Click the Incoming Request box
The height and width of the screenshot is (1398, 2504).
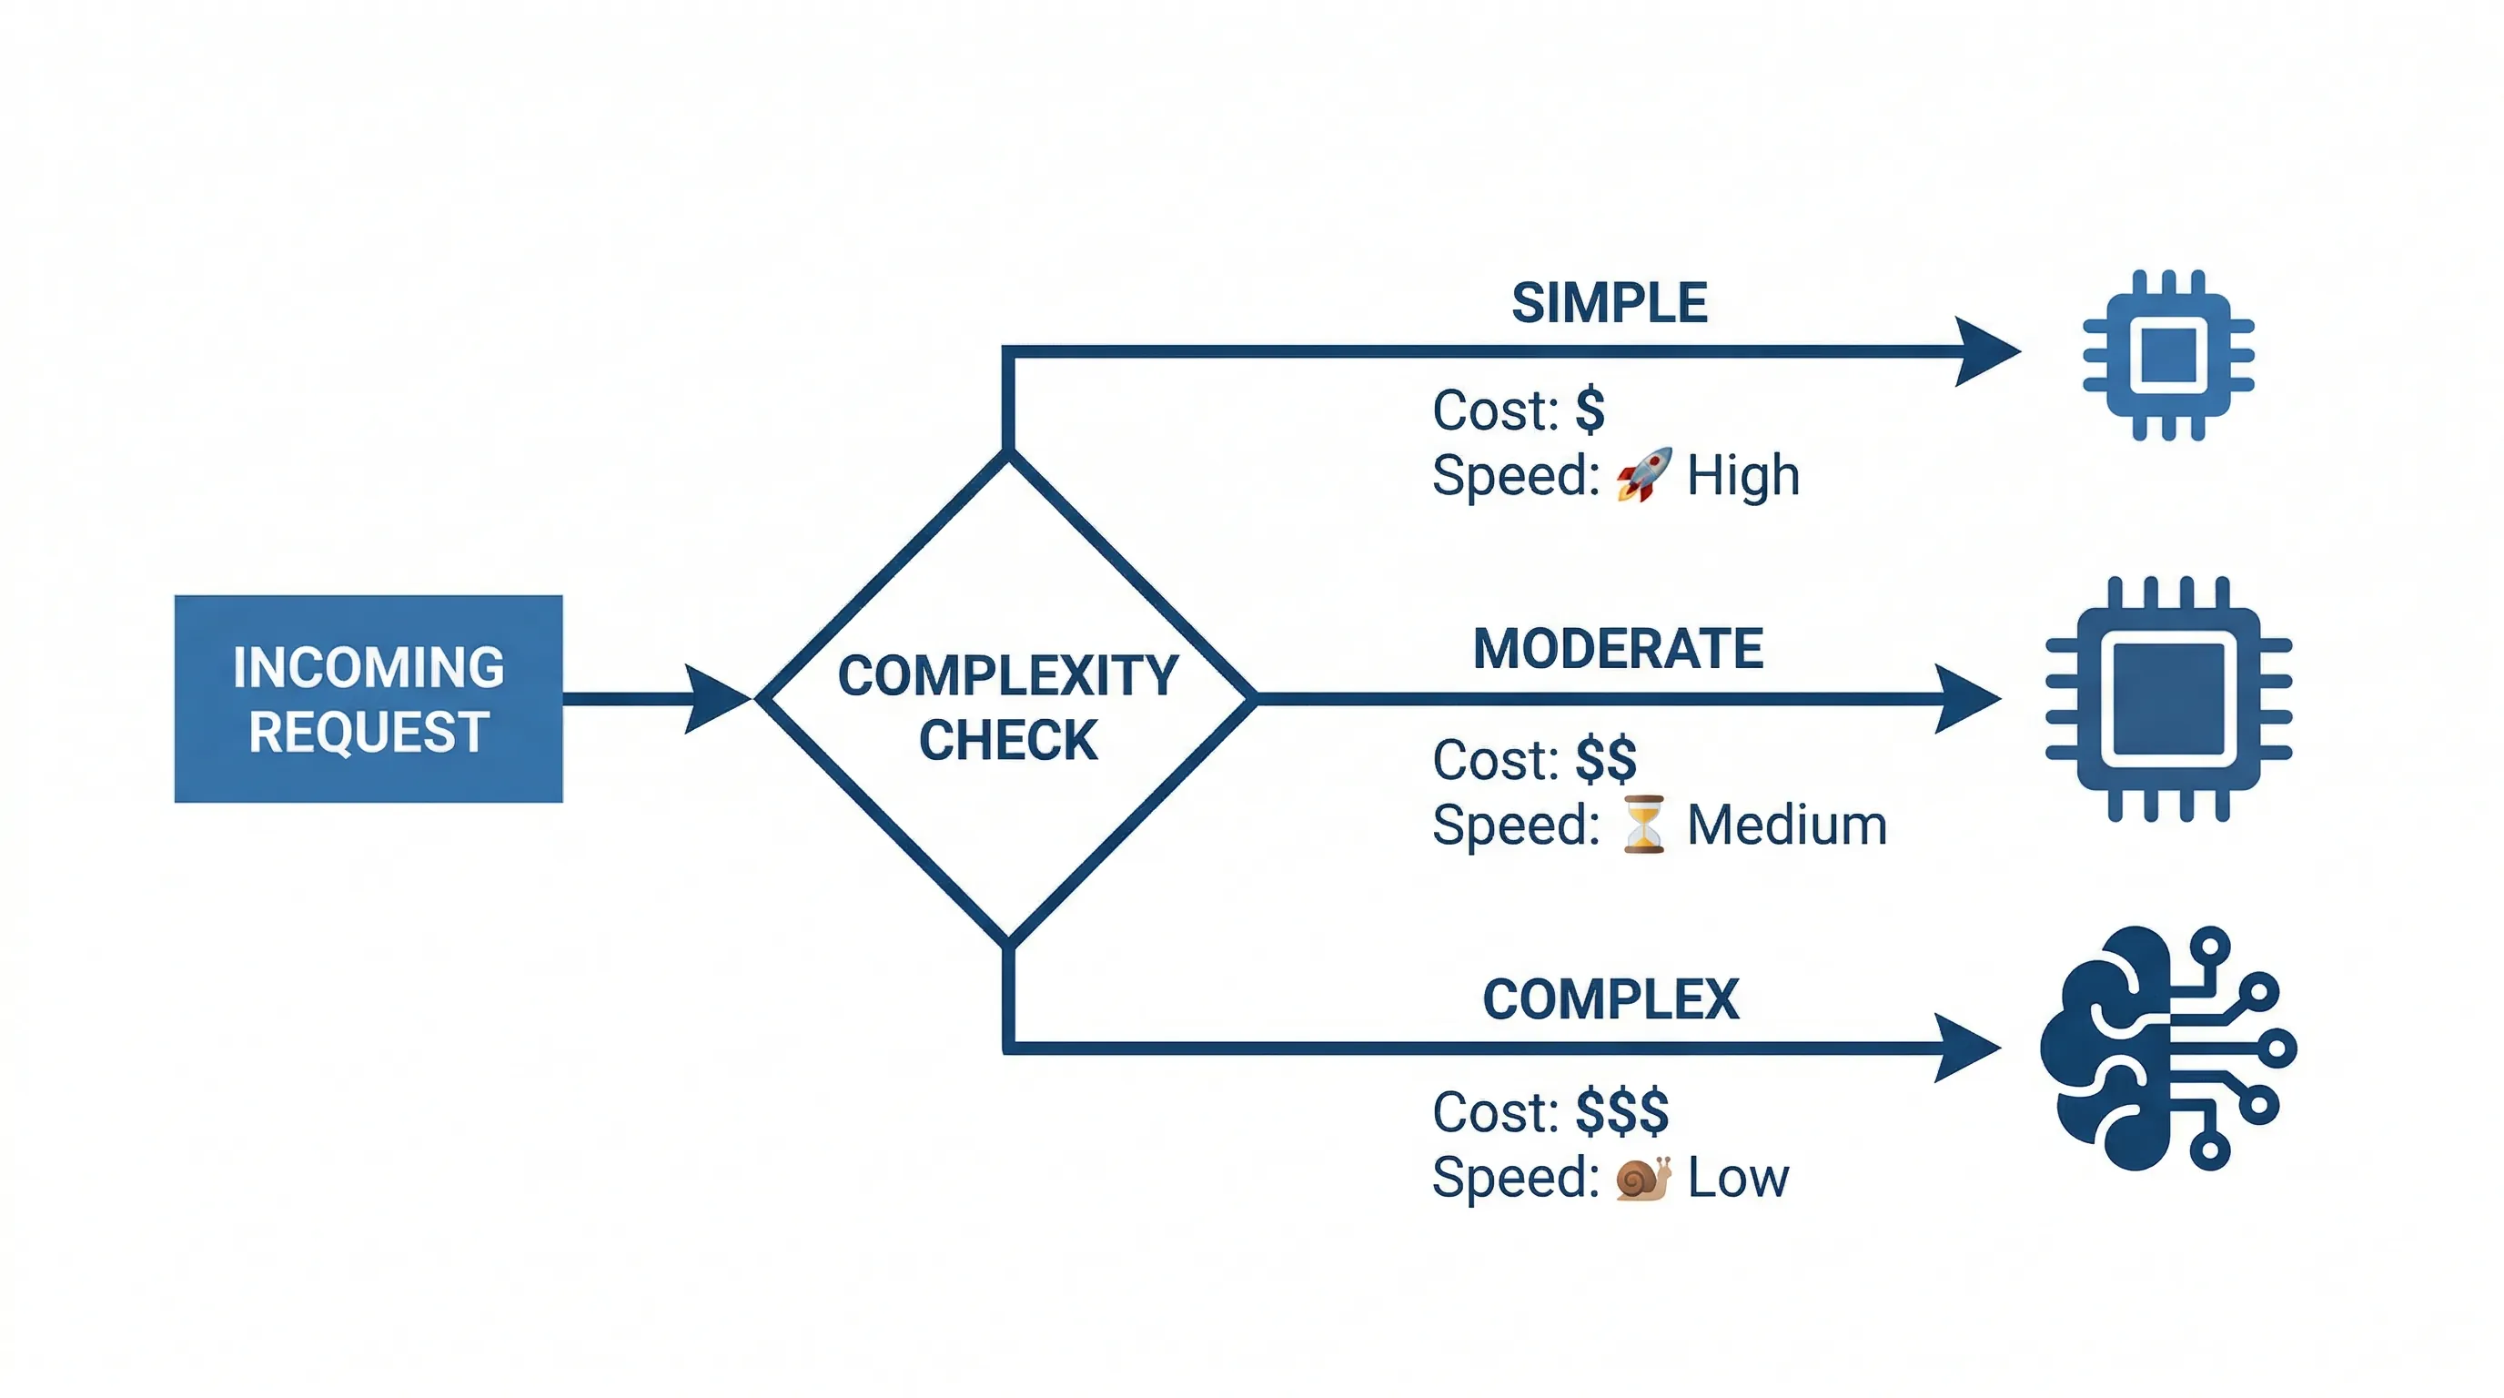click(x=369, y=698)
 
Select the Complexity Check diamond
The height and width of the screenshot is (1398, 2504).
click(x=1008, y=700)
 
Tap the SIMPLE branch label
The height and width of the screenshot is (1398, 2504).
click(x=1609, y=303)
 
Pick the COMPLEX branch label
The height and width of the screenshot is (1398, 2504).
click(x=1610, y=999)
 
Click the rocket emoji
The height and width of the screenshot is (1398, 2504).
click(x=1644, y=474)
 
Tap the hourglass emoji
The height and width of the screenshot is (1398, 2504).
click(x=1644, y=825)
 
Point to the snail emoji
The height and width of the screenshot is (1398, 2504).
click(x=1642, y=1179)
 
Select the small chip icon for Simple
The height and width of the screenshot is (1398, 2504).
click(x=2168, y=356)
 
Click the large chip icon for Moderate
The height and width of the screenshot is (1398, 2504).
click(x=2168, y=699)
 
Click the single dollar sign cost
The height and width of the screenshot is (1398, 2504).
click(x=1590, y=410)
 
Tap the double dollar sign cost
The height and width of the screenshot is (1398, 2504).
click(x=1606, y=759)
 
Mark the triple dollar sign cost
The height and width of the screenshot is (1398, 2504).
click(x=1621, y=1111)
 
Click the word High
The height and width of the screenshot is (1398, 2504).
click(x=1743, y=475)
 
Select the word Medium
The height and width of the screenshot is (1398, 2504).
click(x=1787, y=826)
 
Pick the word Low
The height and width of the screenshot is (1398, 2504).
click(x=1738, y=1179)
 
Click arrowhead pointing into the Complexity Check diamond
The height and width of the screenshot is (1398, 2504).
click(x=714, y=699)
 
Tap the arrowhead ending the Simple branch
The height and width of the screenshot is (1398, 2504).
click(x=1983, y=351)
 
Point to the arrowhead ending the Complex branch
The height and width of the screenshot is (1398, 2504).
click(x=1964, y=1048)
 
